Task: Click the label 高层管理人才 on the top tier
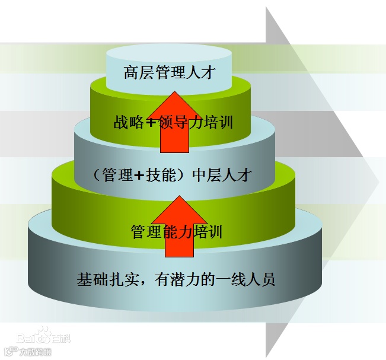168,73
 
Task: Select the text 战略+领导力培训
173,123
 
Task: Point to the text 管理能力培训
176,231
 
